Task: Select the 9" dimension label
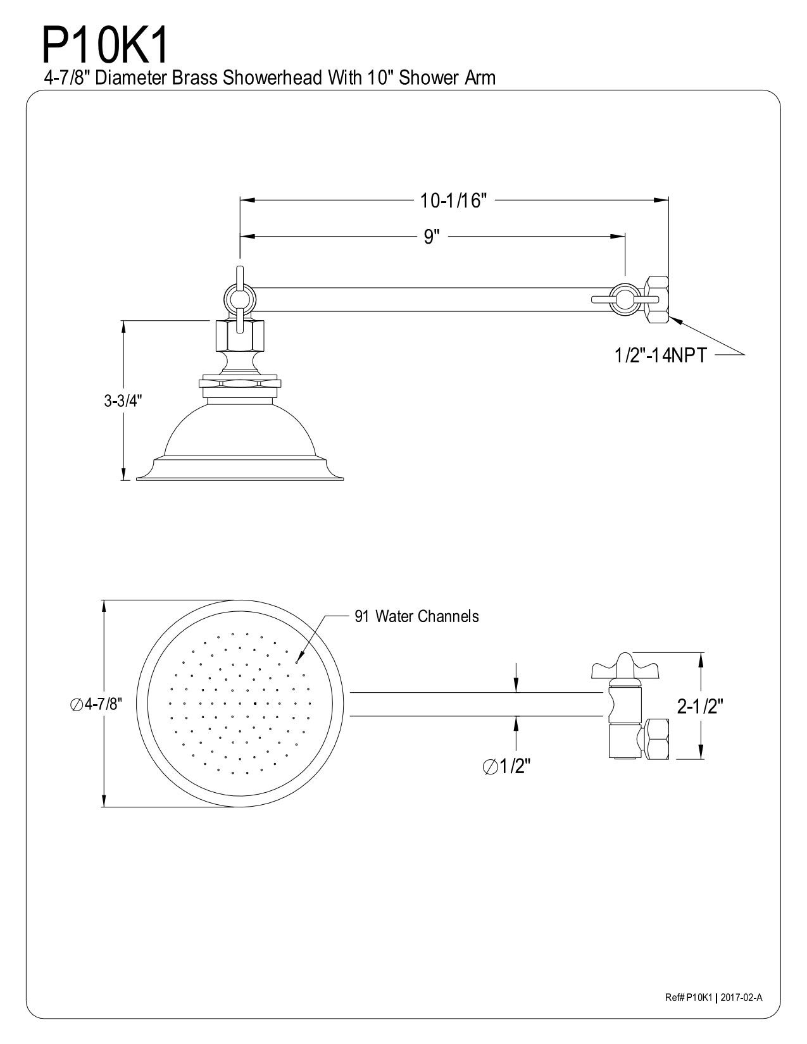[432, 237]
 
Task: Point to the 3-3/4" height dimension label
[123, 401]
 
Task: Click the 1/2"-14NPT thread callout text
[661, 356]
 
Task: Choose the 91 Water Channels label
[416, 616]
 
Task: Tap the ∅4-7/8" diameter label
[96, 704]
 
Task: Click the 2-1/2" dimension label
[700, 705]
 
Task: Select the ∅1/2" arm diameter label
[506, 767]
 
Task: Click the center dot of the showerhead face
[254, 704]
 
